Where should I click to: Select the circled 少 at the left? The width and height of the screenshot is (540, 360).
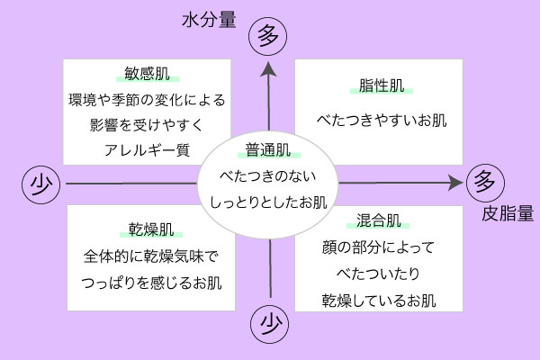coord(40,184)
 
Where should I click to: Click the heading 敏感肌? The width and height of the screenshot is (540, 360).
coord(147,74)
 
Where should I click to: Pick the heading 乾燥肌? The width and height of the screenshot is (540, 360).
coord(147,229)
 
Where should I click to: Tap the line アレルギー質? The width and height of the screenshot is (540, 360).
coord(147,148)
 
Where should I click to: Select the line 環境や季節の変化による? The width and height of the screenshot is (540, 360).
coord(147,99)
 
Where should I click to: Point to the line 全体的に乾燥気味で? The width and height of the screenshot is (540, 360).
coord(147,256)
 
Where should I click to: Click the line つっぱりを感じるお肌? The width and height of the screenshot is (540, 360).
coord(147,283)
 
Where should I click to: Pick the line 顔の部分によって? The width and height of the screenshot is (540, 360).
coord(378,246)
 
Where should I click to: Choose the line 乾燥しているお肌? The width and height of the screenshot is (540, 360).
coord(378,298)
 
